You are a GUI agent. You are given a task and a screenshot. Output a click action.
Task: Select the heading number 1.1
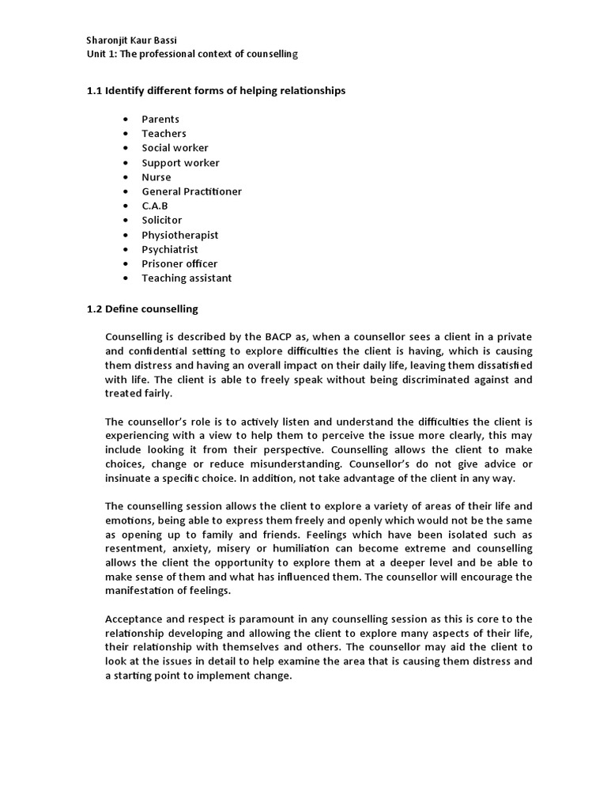click(x=95, y=91)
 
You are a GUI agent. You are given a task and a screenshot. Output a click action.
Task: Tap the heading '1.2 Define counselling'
click(x=142, y=308)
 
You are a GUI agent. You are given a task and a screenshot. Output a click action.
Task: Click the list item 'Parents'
click(x=160, y=119)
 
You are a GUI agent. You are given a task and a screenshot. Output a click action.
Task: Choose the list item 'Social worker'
click(x=175, y=148)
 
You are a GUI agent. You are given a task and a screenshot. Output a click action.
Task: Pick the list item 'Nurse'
click(x=156, y=177)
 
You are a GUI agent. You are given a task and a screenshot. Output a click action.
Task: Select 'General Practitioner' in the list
click(x=191, y=191)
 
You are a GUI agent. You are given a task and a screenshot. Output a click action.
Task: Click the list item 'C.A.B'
click(x=155, y=206)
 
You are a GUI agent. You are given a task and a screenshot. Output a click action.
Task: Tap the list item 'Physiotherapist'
click(x=179, y=235)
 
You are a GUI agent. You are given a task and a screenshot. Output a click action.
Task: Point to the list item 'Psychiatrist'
click(x=170, y=249)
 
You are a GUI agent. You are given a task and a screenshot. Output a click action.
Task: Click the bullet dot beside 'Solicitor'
click(x=126, y=221)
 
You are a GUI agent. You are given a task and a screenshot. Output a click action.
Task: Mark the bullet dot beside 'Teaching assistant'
click(x=126, y=278)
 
